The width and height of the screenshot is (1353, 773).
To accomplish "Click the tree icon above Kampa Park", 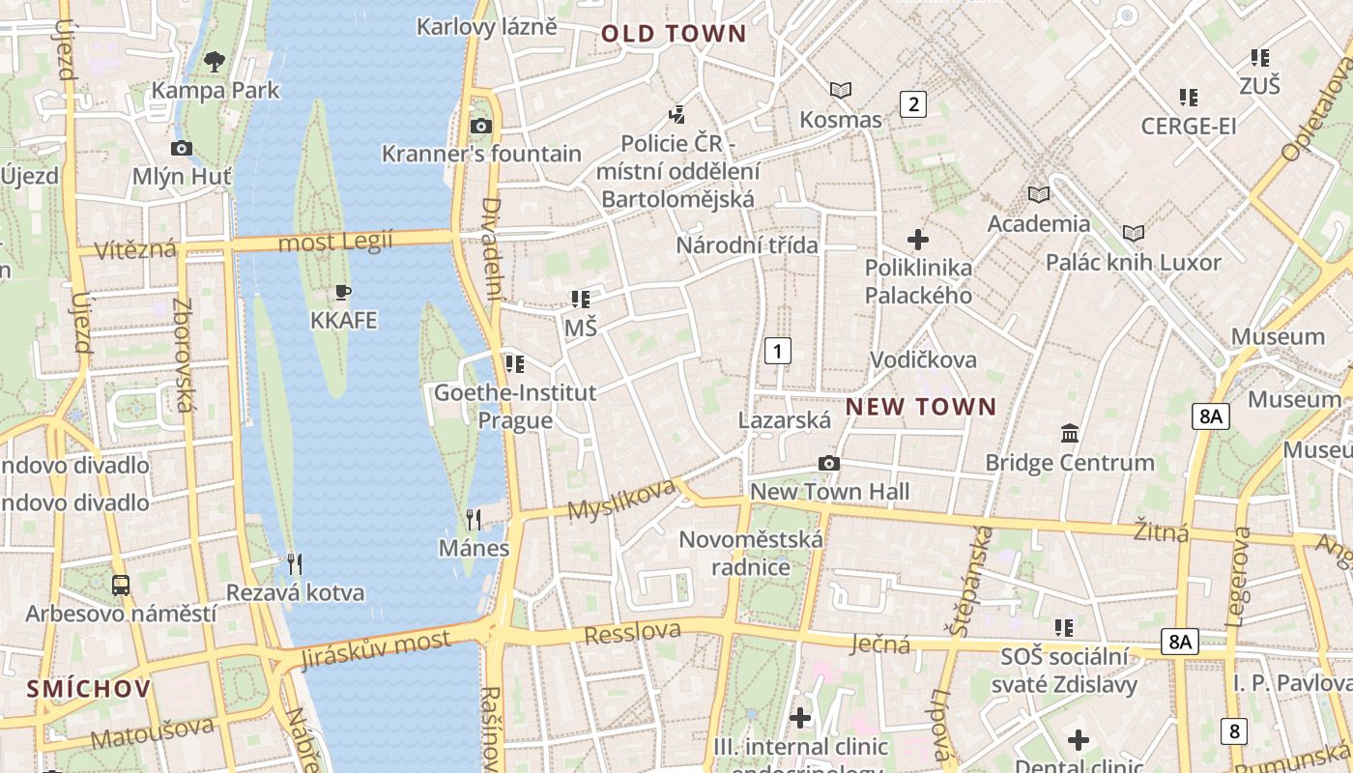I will [215, 62].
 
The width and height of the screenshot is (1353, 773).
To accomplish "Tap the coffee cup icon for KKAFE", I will [343, 292].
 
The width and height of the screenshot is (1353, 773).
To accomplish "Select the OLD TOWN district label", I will [674, 34].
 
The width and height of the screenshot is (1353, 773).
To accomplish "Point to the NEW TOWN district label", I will [920, 407].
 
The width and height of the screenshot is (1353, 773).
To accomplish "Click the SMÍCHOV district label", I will [89, 689].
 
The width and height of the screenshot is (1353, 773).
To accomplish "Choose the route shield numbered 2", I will [912, 103].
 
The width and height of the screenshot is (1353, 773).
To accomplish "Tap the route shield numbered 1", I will [777, 350].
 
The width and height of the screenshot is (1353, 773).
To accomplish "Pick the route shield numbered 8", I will [1233, 730].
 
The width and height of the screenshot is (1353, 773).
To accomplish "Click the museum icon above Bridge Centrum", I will [1070, 433].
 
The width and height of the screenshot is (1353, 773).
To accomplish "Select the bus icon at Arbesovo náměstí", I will [121, 585].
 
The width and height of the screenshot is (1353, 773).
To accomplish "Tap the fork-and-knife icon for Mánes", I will [474, 520].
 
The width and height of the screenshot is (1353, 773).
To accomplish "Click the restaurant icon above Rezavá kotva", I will [295, 563].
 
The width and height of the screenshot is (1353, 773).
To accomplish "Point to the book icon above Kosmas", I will [841, 90].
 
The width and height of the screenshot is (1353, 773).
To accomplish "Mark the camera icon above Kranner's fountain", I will [480, 126].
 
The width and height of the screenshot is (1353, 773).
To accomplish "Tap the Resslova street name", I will [632, 633].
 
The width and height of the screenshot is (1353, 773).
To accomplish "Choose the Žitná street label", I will [1161, 530].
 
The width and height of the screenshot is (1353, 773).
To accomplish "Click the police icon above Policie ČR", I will [677, 114].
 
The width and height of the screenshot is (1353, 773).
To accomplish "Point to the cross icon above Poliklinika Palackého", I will [918, 239].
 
